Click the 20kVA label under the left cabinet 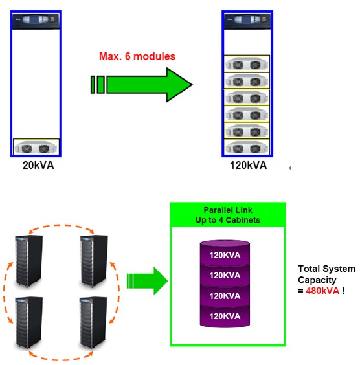pos(38,165)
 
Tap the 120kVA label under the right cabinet pos(248,165)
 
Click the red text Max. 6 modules pos(137,56)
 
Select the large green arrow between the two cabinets pos(142,85)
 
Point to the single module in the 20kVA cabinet pos(36,148)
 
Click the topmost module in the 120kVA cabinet pos(247,64)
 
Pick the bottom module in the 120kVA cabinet pos(247,147)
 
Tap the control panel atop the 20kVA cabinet pos(36,21)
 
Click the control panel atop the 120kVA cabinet pos(247,21)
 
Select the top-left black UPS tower pos(28,261)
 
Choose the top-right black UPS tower pos(94,261)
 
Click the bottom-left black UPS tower pos(28,322)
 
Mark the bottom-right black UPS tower pos(93,322)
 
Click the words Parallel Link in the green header pos(228,210)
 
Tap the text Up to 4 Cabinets pos(228,220)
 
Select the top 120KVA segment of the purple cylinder pos(225,254)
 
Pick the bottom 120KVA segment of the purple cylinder pos(225,316)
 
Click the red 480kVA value pos(322,291)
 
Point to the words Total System pos(326,269)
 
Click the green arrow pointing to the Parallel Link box pos(147,281)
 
